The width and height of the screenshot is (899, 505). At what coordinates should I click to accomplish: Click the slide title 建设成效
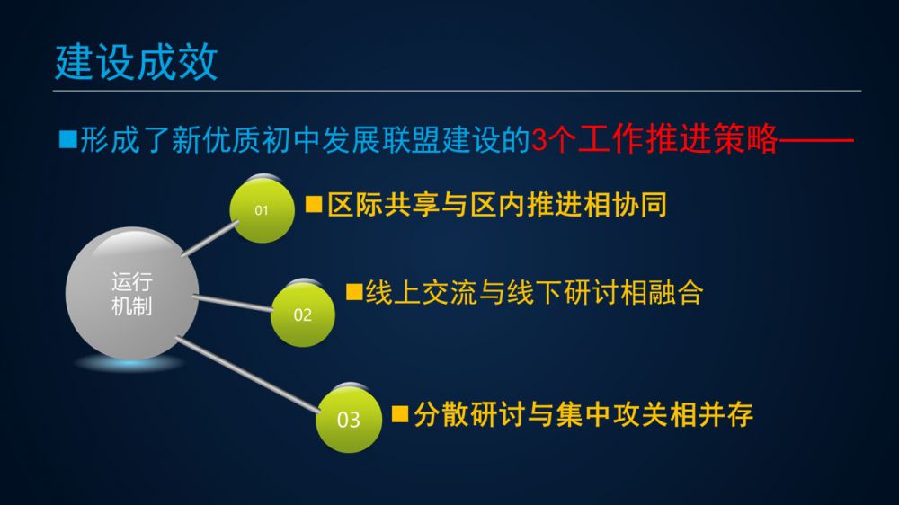point(137,62)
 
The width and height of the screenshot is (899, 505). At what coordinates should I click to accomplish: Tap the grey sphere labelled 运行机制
point(132,294)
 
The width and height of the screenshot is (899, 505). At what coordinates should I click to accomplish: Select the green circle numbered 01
point(262,209)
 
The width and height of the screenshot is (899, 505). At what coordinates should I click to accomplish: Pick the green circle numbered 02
point(303,315)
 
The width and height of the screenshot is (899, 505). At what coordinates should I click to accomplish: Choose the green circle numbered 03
point(349,420)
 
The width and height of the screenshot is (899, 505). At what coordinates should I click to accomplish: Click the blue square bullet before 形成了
point(68,139)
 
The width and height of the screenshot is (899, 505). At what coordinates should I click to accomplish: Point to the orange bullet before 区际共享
point(314,205)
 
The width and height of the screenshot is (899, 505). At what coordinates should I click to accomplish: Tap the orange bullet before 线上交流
point(354,292)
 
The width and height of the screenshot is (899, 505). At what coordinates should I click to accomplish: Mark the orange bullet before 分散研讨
point(400,414)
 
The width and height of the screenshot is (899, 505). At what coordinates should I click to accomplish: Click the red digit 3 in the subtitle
point(539,139)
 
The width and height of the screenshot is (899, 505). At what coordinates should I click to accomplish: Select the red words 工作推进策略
point(678,138)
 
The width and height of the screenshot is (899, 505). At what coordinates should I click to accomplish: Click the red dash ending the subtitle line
point(816,139)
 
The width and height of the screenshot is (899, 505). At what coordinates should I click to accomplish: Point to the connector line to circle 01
point(209,238)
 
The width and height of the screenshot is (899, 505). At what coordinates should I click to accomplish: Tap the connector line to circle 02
point(233,303)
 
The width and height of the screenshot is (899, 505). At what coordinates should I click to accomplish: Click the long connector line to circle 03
point(248,375)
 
